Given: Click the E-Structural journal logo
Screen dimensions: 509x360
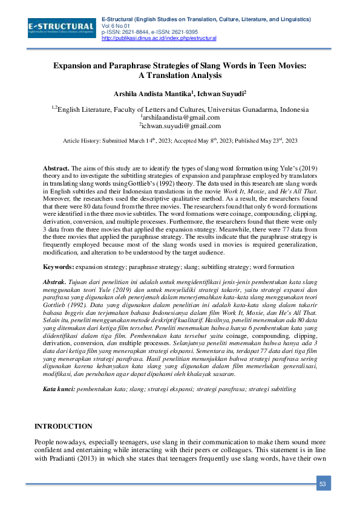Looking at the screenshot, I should tap(61, 28).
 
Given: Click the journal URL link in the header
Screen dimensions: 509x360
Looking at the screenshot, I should tap(150, 38).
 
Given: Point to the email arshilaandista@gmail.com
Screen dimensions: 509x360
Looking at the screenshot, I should tap(180, 117).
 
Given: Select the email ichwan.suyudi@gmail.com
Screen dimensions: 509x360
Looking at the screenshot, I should tap(180, 126).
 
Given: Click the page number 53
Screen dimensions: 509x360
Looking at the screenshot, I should tap(322, 483).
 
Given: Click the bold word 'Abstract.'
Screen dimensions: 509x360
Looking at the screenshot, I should tap(56, 168).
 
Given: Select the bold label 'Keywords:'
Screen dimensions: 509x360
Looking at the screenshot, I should tap(59, 267).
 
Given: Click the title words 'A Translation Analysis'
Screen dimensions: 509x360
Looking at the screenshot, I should tap(180, 76).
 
